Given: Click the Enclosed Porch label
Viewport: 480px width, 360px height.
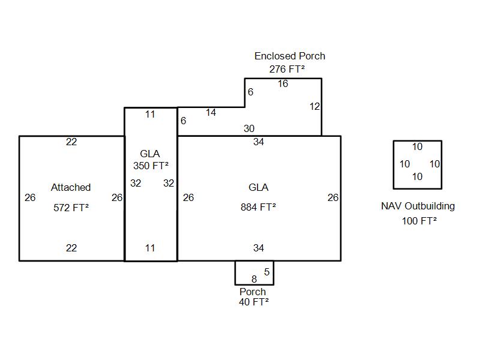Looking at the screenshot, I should click(x=290, y=56).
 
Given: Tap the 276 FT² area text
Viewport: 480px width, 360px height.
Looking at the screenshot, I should click(x=287, y=69).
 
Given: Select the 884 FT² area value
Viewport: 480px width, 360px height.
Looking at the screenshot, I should click(x=258, y=208).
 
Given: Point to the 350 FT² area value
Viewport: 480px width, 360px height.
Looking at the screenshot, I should click(x=151, y=166).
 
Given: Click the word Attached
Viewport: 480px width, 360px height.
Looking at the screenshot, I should click(x=71, y=188).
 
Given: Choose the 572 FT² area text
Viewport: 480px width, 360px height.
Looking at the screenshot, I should click(x=71, y=208).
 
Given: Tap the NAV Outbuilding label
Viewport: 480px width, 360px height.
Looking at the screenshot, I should click(x=418, y=206).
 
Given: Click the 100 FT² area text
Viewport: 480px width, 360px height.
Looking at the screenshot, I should click(x=419, y=221).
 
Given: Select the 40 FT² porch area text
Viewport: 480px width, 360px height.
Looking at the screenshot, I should click(x=253, y=302).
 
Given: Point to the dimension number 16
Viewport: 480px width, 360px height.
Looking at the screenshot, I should click(x=283, y=84).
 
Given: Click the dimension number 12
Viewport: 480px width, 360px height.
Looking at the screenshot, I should click(x=314, y=107).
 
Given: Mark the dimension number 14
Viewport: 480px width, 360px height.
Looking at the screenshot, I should click(x=211, y=113).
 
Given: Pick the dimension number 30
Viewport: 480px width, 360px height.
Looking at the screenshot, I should click(x=249, y=128).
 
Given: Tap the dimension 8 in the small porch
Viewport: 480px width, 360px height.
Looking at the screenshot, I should click(x=254, y=279).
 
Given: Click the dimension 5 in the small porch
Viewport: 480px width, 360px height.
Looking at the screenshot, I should click(x=267, y=272).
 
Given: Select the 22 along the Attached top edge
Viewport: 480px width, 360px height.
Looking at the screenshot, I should click(x=71, y=142).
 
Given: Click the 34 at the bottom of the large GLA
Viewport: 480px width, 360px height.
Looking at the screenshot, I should click(x=259, y=248).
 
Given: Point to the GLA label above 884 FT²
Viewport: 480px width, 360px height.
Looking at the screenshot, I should click(x=258, y=188).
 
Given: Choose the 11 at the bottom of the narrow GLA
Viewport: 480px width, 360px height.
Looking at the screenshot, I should click(x=150, y=248).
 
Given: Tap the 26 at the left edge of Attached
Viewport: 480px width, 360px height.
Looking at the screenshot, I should click(x=30, y=197).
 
